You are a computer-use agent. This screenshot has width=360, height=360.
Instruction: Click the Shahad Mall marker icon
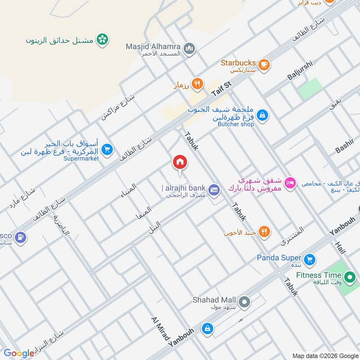click(x=244, y=302)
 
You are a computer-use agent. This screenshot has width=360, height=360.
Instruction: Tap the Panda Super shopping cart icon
click(x=309, y=259)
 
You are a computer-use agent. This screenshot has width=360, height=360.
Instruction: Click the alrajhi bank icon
click(x=214, y=189)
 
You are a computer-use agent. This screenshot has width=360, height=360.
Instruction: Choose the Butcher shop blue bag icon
click(x=262, y=116)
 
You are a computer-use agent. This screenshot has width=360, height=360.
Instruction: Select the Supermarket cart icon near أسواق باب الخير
click(x=107, y=149)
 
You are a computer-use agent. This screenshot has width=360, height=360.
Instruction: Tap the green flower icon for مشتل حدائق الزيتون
click(x=103, y=40)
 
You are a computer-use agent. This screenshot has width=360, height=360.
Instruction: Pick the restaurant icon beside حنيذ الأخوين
click(x=265, y=232)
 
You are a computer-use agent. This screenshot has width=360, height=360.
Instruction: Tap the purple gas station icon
click(x=20, y=237)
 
